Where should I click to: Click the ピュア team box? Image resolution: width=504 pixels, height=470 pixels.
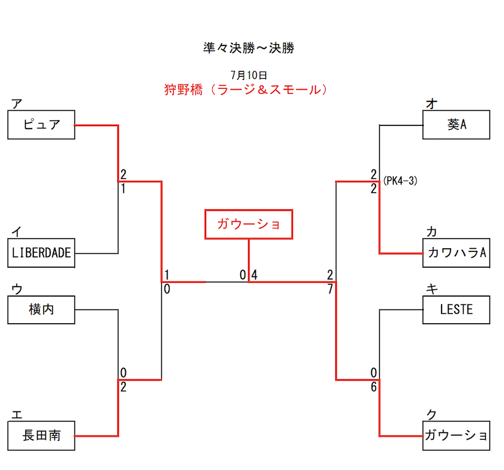point(41,125)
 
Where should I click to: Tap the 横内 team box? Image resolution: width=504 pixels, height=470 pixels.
point(41,310)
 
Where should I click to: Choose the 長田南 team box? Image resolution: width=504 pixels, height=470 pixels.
point(41,435)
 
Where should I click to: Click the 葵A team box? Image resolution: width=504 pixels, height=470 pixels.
point(456,125)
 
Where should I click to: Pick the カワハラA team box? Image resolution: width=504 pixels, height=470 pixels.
point(456,253)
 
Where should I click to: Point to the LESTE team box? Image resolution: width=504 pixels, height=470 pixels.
point(456,310)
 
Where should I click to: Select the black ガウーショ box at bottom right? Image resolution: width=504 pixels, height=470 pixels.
point(456,435)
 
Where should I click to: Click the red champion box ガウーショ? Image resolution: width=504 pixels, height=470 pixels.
point(249,224)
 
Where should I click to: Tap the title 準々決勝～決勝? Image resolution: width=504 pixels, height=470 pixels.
point(249,48)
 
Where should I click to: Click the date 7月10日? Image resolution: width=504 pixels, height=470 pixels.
point(249,75)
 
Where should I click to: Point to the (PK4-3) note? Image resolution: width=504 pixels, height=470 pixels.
point(400,181)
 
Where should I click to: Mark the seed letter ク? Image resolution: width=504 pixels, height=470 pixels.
point(432,414)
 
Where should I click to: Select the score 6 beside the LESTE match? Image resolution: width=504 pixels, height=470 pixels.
point(374,387)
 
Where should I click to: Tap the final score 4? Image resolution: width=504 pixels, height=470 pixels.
point(254,275)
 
